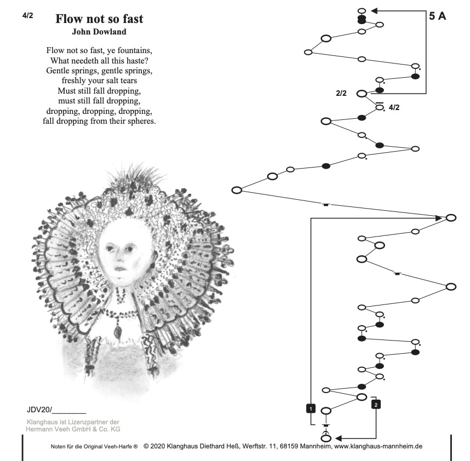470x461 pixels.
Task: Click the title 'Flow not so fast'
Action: (x=99, y=19)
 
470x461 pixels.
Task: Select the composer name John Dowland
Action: (x=99, y=32)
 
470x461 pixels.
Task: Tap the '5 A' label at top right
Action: (x=437, y=16)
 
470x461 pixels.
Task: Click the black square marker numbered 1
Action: (x=311, y=408)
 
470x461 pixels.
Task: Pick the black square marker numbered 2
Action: (x=376, y=405)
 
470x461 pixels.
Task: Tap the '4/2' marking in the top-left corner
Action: (x=28, y=16)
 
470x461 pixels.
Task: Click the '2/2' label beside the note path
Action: (x=341, y=93)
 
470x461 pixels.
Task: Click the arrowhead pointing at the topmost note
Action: (x=375, y=10)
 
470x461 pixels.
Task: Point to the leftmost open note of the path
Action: (x=237, y=190)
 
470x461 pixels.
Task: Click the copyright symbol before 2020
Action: (x=146, y=446)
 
